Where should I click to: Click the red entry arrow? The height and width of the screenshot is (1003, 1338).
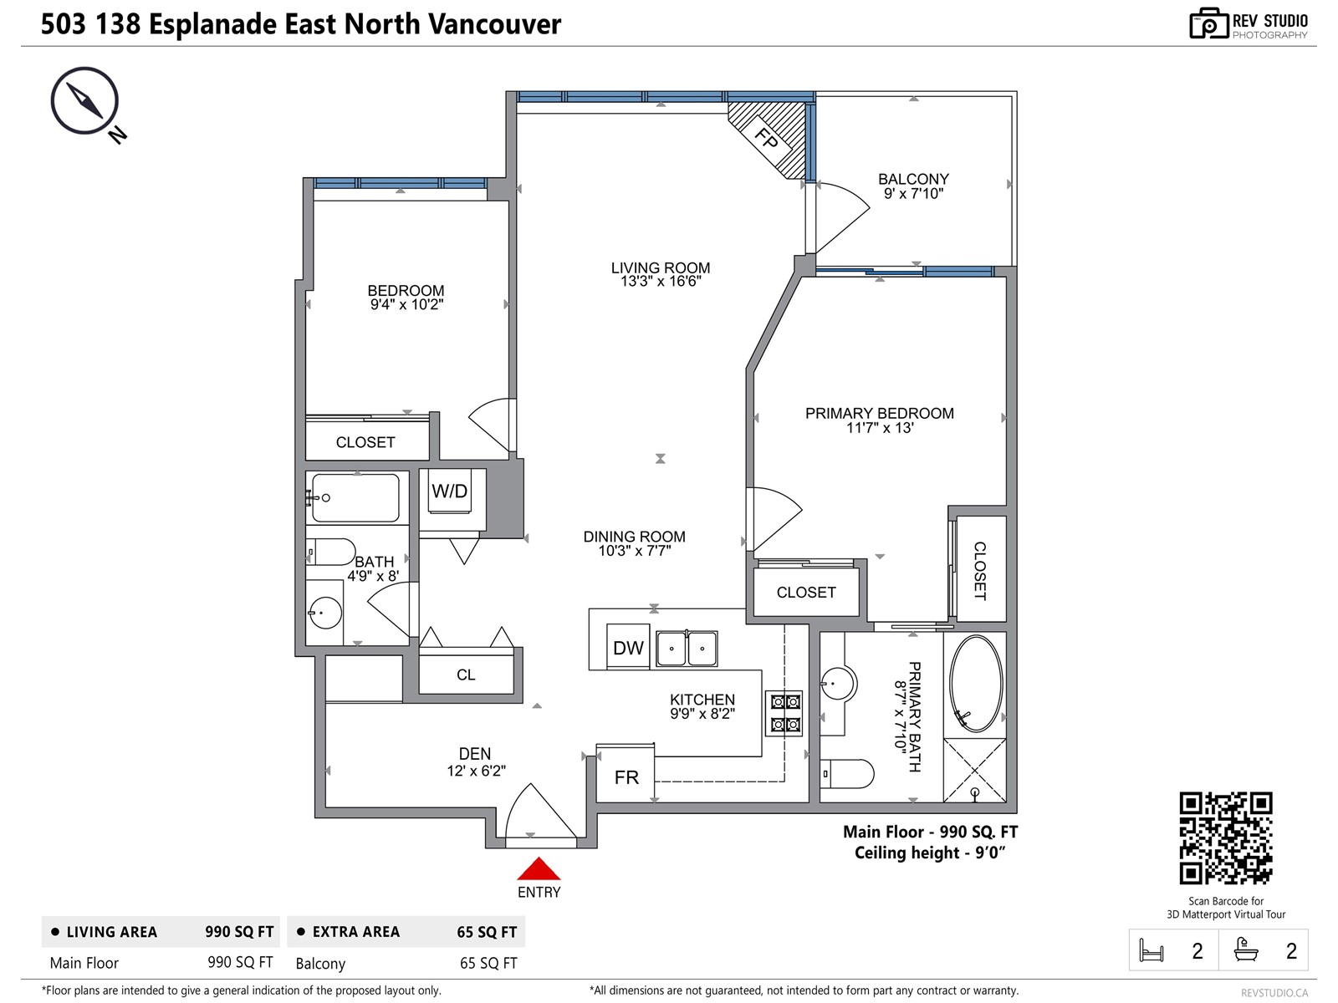click(539, 869)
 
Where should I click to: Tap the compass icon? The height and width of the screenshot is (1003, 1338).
click(84, 100)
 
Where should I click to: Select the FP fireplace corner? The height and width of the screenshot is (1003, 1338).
click(768, 138)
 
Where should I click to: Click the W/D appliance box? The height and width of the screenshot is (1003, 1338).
click(451, 491)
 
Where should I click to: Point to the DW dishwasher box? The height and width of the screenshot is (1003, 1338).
click(628, 648)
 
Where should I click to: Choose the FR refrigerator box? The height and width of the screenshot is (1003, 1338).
click(626, 777)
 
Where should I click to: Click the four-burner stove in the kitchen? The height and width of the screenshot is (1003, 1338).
click(784, 713)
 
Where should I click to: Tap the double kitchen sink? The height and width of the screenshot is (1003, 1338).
click(687, 649)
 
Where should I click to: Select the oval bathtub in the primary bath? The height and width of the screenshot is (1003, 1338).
click(976, 684)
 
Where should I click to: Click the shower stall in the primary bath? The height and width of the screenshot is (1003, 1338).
click(975, 769)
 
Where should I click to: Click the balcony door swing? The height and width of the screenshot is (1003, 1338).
click(840, 216)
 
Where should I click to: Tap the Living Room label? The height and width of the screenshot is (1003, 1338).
click(660, 267)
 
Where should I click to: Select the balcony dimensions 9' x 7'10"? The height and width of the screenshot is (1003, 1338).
click(913, 194)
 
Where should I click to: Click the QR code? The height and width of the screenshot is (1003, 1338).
click(1226, 838)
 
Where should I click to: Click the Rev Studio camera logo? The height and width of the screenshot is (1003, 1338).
click(1208, 24)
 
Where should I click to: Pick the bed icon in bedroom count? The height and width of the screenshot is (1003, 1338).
click(1152, 950)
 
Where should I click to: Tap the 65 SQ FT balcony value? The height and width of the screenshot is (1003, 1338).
click(488, 963)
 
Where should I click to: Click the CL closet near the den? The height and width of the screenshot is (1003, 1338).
click(466, 675)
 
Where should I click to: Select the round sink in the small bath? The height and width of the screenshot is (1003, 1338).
click(325, 613)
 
